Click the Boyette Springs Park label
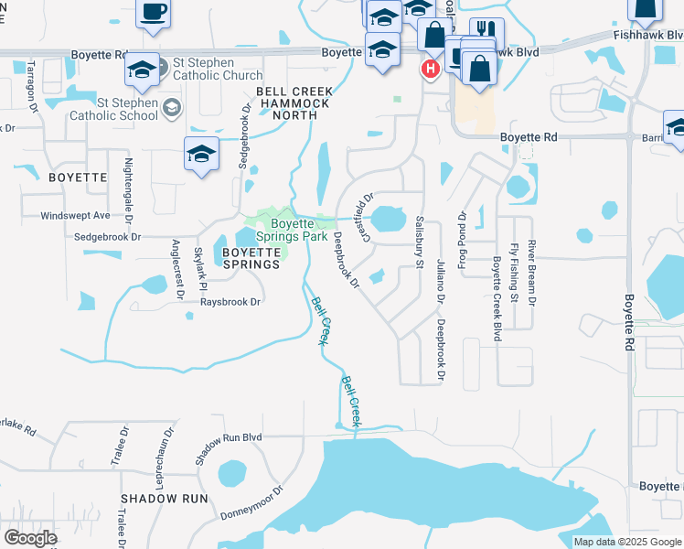point(292,230)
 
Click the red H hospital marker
point(429,69)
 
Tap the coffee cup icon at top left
point(153,13)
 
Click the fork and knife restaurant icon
point(486,33)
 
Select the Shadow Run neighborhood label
point(164,499)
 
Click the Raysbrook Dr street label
point(230,301)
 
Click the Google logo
point(30,538)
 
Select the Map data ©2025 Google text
point(625,542)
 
